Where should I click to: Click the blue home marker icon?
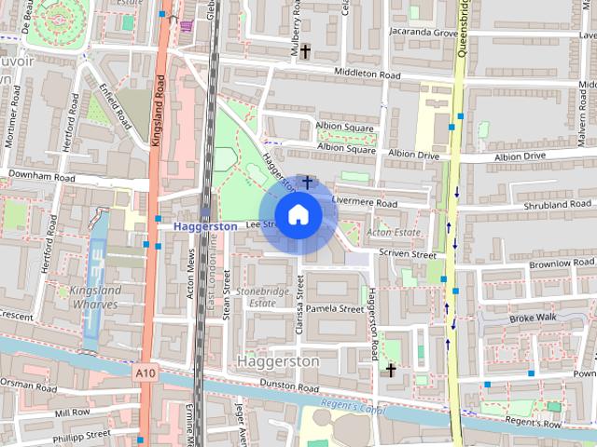pyautogui.click(x=298, y=214)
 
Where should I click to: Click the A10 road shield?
pyautogui.click(x=144, y=372)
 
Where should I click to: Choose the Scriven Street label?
pyautogui.click(x=407, y=253)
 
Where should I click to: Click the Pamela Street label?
pyautogui.click(x=334, y=308)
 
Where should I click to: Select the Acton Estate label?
pyautogui.click(x=389, y=232)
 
